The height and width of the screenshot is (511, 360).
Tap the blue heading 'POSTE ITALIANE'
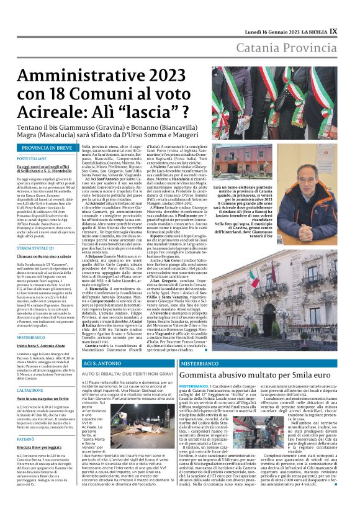point(32,160)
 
